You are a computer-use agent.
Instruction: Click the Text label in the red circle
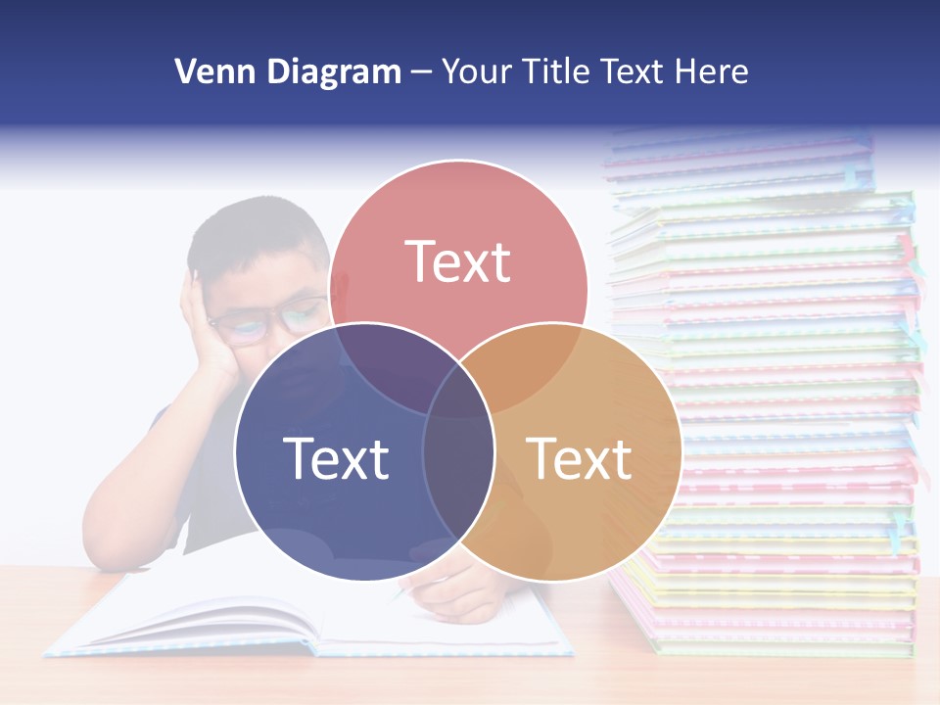[x=458, y=261]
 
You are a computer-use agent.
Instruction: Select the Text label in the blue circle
[x=336, y=458]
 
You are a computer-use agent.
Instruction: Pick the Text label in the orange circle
[x=580, y=458]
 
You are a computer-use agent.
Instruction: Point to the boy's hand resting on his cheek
[x=211, y=333]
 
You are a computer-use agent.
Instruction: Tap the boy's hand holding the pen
[x=460, y=587]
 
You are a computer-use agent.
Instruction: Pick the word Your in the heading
[x=476, y=71]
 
